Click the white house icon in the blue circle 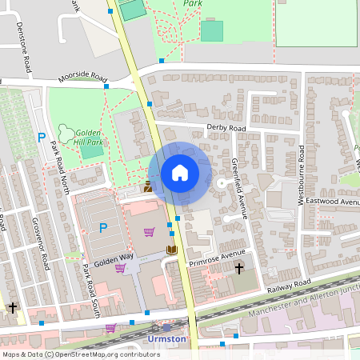(180, 173)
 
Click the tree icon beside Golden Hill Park (63, 132)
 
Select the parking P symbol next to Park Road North (41, 138)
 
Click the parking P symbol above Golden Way (102, 228)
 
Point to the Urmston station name (166, 339)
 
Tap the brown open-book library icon (170, 250)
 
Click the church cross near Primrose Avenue (238, 269)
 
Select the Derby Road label (226, 128)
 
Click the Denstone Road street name (23, 48)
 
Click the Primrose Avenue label (217, 258)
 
